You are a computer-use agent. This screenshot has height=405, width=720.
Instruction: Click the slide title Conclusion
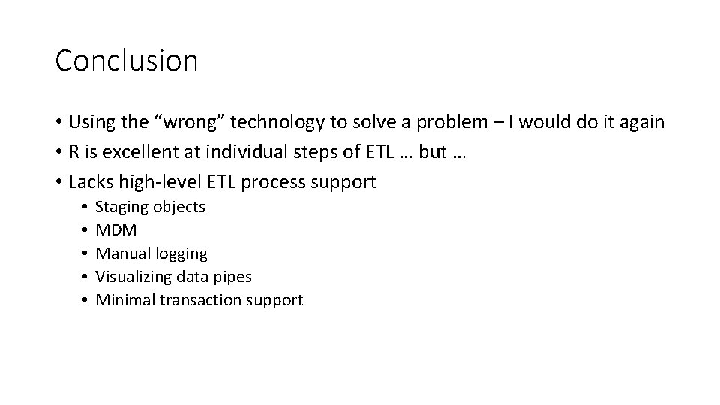pos(126,61)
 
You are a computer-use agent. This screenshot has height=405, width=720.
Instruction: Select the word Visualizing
pos(133,277)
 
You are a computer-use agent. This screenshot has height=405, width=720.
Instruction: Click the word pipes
pos(232,277)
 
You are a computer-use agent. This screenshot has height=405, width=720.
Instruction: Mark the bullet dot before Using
pos(59,121)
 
